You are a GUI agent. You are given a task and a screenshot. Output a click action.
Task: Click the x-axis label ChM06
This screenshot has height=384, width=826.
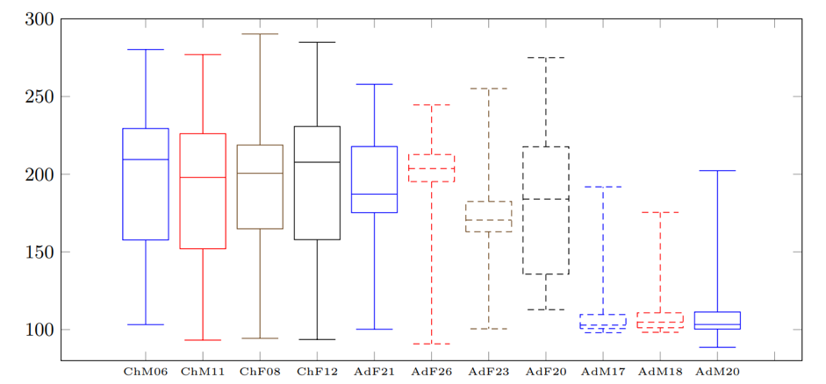[x=145, y=372]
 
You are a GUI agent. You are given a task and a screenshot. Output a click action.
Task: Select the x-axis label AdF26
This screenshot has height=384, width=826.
[x=431, y=372]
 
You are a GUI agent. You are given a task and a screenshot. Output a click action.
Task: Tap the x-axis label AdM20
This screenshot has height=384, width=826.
[x=717, y=372]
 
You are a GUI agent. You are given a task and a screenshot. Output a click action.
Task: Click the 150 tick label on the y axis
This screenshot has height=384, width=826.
[x=40, y=252]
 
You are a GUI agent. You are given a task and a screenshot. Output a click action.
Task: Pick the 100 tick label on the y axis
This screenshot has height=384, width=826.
[x=40, y=331]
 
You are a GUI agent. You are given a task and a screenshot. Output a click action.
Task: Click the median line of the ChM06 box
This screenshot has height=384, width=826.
[x=145, y=160]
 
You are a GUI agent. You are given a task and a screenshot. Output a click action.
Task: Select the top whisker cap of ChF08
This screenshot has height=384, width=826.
[x=260, y=34]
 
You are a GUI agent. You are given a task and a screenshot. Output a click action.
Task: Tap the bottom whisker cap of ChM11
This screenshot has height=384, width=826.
[x=203, y=340]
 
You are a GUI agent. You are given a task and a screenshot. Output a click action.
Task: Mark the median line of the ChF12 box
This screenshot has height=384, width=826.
[x=317, y=162]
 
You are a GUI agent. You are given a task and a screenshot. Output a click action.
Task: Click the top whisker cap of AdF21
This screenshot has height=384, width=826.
[x=374, y=84]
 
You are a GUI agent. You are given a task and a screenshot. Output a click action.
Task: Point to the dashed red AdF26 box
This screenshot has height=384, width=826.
[x=431, y=168]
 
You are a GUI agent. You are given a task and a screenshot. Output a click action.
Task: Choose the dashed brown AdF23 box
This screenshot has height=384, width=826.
[x=489, y=217]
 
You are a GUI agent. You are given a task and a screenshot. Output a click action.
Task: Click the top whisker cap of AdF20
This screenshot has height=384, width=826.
[x=546, y=58]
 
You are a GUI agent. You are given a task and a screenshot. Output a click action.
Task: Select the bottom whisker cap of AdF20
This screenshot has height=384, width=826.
[x=546, y=309]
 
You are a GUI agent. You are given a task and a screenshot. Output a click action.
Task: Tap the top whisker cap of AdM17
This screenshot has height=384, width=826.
[x=603, y=187]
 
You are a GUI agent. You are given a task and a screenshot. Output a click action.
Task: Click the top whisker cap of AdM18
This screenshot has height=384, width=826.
[x=660, y=212]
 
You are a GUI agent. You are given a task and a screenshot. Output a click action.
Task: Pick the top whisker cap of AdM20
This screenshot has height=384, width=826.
[x=717, y=171]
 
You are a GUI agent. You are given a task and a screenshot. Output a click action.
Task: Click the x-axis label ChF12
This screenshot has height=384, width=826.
[x=317, y=372]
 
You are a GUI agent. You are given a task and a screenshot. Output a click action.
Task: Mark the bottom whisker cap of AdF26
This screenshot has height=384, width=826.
[x=431, y=344]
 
